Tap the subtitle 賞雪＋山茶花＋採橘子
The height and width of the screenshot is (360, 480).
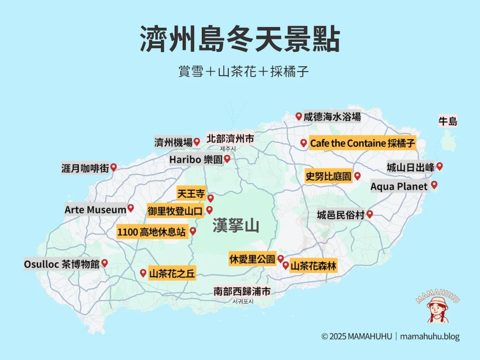pos(240,72)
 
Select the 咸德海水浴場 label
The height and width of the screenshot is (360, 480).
pos(332,117)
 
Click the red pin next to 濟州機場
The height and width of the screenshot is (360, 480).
pos(197,141)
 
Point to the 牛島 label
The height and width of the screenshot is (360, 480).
pos(447,122)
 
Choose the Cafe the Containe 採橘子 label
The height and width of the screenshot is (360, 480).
pos(362,143)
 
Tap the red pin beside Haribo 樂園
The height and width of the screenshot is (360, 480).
pos(227,159)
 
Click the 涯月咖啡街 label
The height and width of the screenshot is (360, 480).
pos(85,168)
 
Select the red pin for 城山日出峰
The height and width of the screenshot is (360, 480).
pos(439,166)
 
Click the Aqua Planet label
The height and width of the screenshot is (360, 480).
pos(399,186)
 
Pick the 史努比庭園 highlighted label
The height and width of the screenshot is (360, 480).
pos(328,177)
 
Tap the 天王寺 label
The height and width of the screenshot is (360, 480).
pos(191,193)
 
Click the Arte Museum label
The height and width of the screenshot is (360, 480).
pos(96,210)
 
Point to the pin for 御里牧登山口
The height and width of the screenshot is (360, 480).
pos(210,210)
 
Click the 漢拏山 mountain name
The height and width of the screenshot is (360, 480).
pos(235,226)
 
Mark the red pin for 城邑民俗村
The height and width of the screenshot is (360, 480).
pos(369,214)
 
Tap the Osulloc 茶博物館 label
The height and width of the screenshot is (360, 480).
pos(62,264)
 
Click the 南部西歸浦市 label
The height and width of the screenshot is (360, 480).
pos(242,292)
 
